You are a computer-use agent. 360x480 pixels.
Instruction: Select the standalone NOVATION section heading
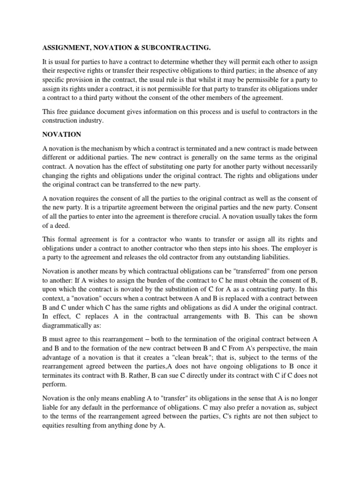click(x=62, y=135)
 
